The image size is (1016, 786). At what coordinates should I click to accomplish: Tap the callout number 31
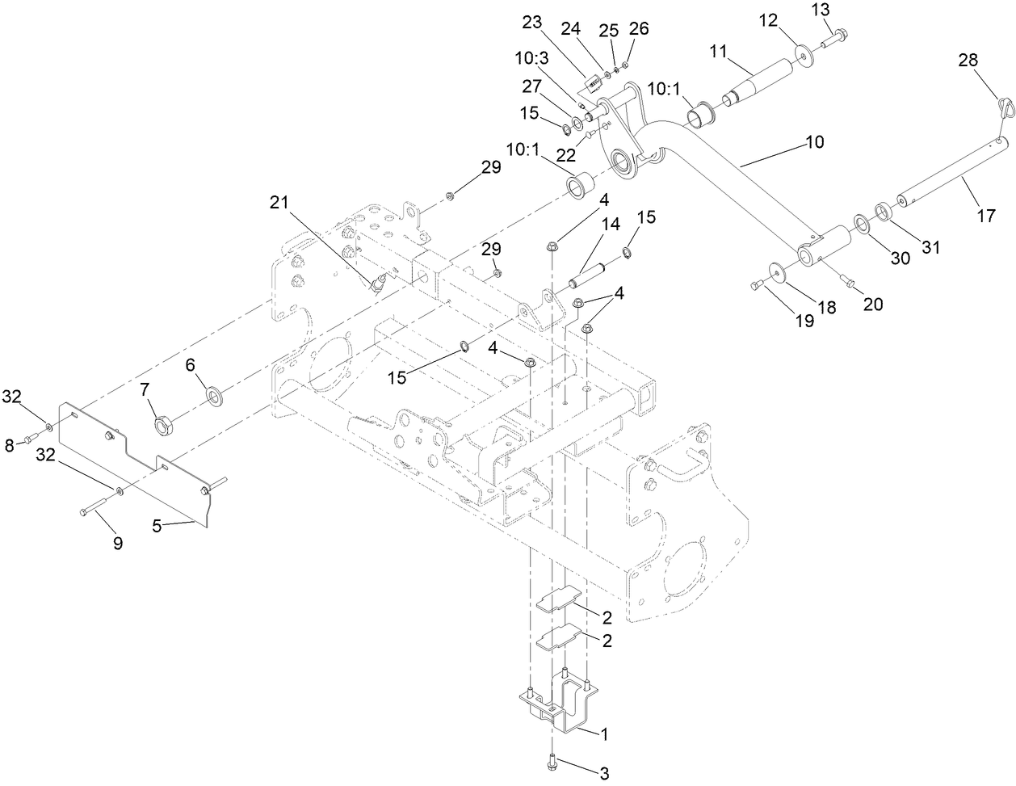(x=931, y=248)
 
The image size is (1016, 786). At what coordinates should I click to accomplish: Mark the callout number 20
(x=872, y=305)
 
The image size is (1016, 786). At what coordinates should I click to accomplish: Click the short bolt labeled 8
(x=30, y=439)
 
